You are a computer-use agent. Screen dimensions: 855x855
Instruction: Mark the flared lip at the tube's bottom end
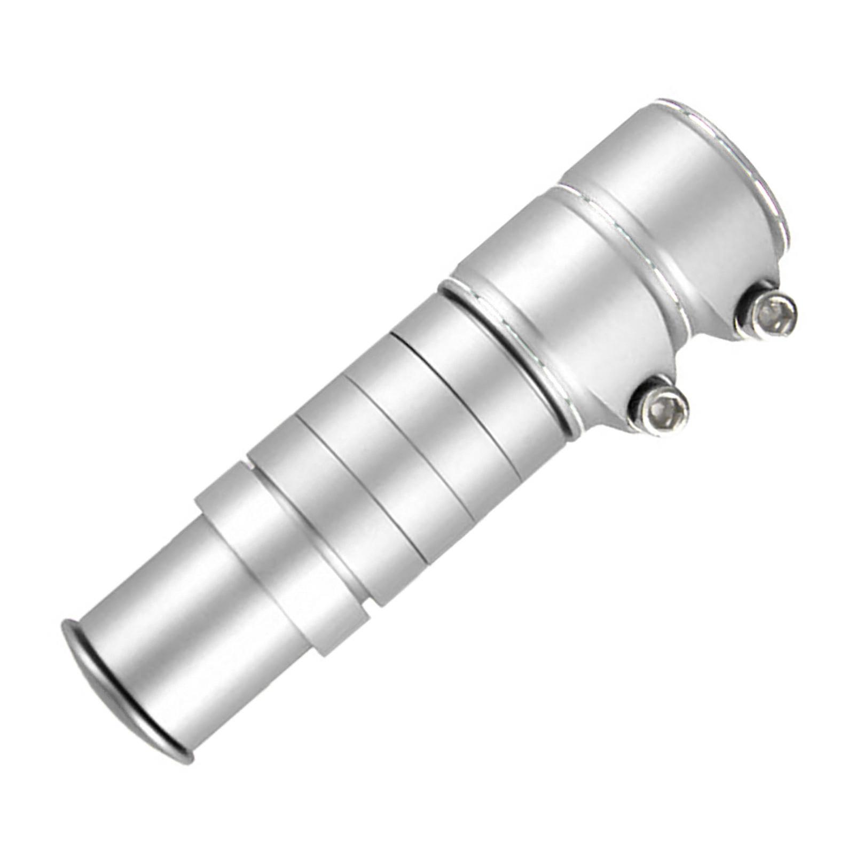[x=107, y=689]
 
